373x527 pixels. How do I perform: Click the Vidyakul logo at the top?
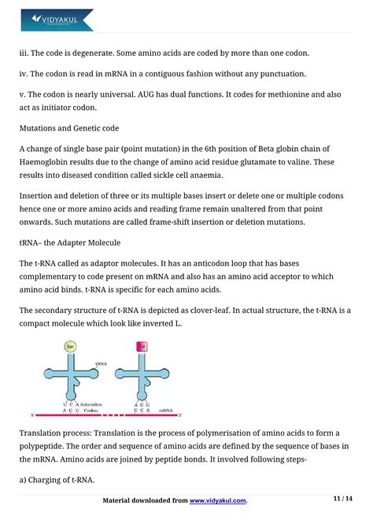57,19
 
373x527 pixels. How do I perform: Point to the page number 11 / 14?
344,499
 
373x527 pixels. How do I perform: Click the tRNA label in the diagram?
100,364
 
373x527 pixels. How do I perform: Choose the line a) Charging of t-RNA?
61,476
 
